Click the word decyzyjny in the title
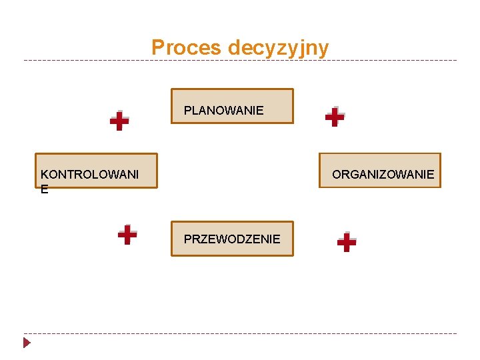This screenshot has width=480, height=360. pyautogui.click(x=278, y=49)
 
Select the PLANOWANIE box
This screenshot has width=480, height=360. pyautogui.click(x=232, y=107)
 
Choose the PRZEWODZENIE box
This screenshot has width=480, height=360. pyautogui.click(x=232, y=239)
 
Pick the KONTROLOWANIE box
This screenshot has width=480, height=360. pyautogui.click(x=96, y=171)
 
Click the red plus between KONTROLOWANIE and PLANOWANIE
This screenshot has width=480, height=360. pyautogui.click(x=119, y=121)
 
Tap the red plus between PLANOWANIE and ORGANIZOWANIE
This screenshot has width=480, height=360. pyautogui.click(x=334, y=117)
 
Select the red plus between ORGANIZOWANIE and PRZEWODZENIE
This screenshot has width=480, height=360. pyautogui.click(x=347, y=242)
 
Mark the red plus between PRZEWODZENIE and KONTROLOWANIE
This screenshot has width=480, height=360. pyautogui.click(x=127, y=235)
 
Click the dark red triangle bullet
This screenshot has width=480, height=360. pyautogui.click(x=27, y=343)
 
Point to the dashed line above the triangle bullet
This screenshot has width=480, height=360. pyautogui.click(x=240, y=333)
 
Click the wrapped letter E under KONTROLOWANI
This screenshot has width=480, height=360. pyautogui.click(x=44, y=189)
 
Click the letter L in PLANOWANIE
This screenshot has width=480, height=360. pyautogui.click(x=195, y=111)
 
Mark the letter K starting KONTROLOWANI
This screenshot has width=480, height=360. pyautogui.click(x=44, y=175)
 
